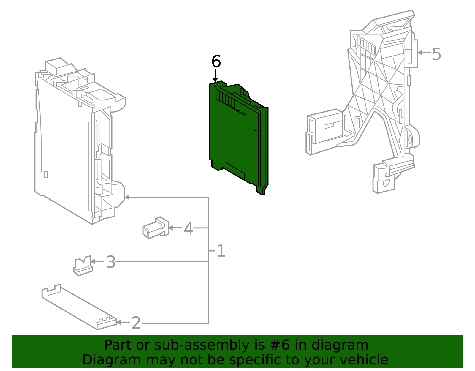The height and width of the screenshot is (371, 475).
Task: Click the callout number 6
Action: click(216, 62)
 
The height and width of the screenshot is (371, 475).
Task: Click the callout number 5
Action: click(436, 54)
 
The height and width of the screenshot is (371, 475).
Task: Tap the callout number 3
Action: click(111, 263)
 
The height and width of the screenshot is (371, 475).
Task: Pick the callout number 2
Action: click(136, 323)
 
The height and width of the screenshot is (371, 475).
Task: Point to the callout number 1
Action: click(221, 251)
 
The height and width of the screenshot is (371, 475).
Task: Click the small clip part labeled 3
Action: click(83, 266)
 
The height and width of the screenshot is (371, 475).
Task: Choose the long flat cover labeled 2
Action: click(79, 307)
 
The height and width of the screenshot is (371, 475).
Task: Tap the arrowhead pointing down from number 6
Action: click(215, 80)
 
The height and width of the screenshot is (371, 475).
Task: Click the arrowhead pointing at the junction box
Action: click(127, 197)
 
